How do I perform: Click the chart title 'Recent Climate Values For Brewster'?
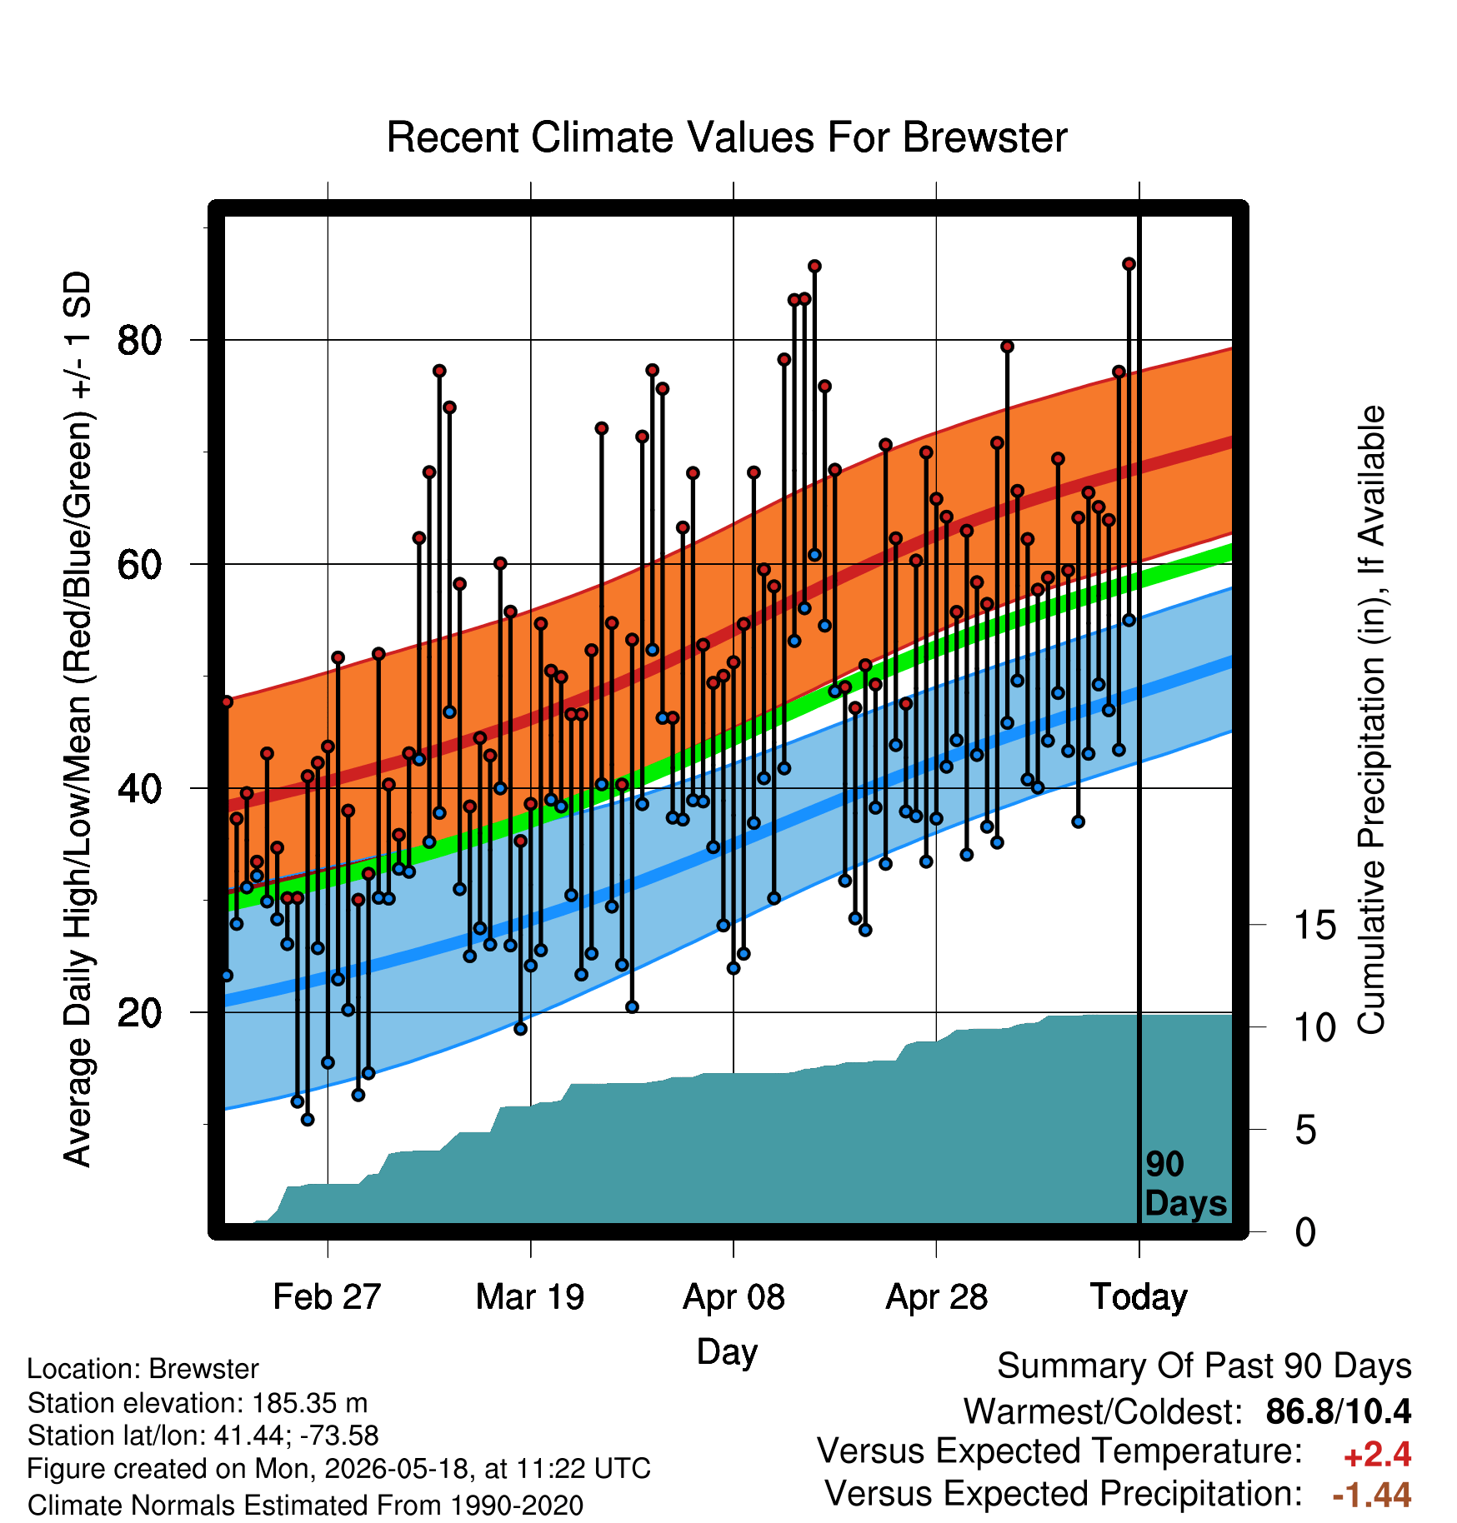(727, 137)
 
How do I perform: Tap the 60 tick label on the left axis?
(139, 564)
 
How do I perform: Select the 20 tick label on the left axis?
(139, 1012)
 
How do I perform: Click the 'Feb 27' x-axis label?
(327, 1297)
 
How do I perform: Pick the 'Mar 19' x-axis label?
(530, 1297)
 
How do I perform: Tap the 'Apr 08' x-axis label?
(734, 1297)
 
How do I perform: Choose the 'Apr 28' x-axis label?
(936, 1297)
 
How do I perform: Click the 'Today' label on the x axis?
(1139, 1297)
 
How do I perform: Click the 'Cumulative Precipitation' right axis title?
(1371, 721)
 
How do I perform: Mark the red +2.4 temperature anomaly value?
(1377, 1455)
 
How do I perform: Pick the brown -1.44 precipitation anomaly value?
(1372, 1496)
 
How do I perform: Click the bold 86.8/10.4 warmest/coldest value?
(1339, 1411)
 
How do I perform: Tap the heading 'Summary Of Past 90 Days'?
(1204, 1366)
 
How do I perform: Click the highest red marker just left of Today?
(1129, 264)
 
